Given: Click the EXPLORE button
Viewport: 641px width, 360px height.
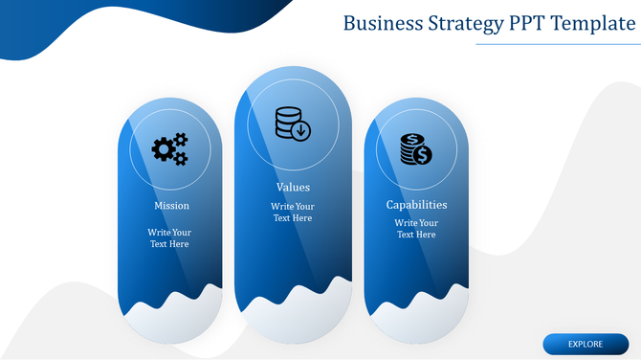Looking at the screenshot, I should tap(586, 344).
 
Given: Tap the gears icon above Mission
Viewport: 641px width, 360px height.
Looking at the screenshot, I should tap(170, 148).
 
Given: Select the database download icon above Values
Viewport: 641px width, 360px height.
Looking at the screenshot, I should tap(292, 124).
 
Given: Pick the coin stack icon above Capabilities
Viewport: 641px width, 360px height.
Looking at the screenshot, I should tap(416, 148).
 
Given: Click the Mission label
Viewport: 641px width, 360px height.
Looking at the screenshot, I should tap(171, 205).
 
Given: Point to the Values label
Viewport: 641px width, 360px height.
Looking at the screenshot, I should tap(293, 187).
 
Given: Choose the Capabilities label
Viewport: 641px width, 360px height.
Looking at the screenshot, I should tap(416, 204).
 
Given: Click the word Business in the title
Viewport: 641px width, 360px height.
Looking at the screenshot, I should tap(382, 23).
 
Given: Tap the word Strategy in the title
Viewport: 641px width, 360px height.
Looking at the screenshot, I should tap(466, 23).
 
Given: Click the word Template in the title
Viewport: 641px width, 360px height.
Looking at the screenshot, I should tap(599, 23).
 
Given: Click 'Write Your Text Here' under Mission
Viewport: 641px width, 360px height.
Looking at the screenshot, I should tap(169, 237).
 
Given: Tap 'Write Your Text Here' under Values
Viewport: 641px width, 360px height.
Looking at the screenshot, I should tap(292, 212).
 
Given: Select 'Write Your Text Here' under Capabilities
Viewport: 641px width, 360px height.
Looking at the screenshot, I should tap(416, 228).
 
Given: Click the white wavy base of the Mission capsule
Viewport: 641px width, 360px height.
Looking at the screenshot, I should tap(170, 321).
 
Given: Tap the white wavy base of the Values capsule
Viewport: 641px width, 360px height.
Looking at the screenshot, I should tap(292, 321).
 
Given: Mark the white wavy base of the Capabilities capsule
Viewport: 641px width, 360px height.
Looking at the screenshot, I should tap(416, 321).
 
